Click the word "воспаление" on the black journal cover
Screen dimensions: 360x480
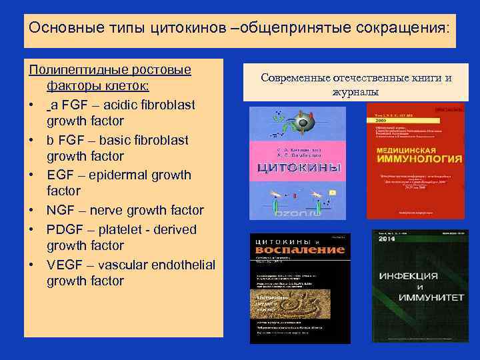[x=300, y=249]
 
